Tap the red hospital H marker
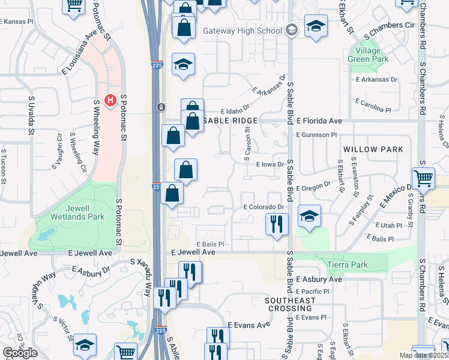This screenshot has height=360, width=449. pyautogui.click(x=110, y=100)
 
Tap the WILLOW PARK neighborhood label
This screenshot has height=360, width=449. pyautogui.click(x=369, y=148)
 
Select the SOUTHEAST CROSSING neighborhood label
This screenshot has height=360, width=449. pyautogui.click(x=291, y=304)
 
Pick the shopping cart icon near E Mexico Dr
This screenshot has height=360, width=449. pyautogui.click(x=423, y=178)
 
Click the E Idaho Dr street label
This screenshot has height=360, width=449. pyautogui.click(x=235, y=112)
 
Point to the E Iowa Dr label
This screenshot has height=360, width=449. pyautogui.click(x=269, y=164)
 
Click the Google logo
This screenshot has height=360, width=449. pyautogui.click(x=20, y=353)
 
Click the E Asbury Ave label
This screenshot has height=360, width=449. pyautogui.click(x=319, y=280)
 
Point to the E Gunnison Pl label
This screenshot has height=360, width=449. pyautogui.click(x=317, y=135)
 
